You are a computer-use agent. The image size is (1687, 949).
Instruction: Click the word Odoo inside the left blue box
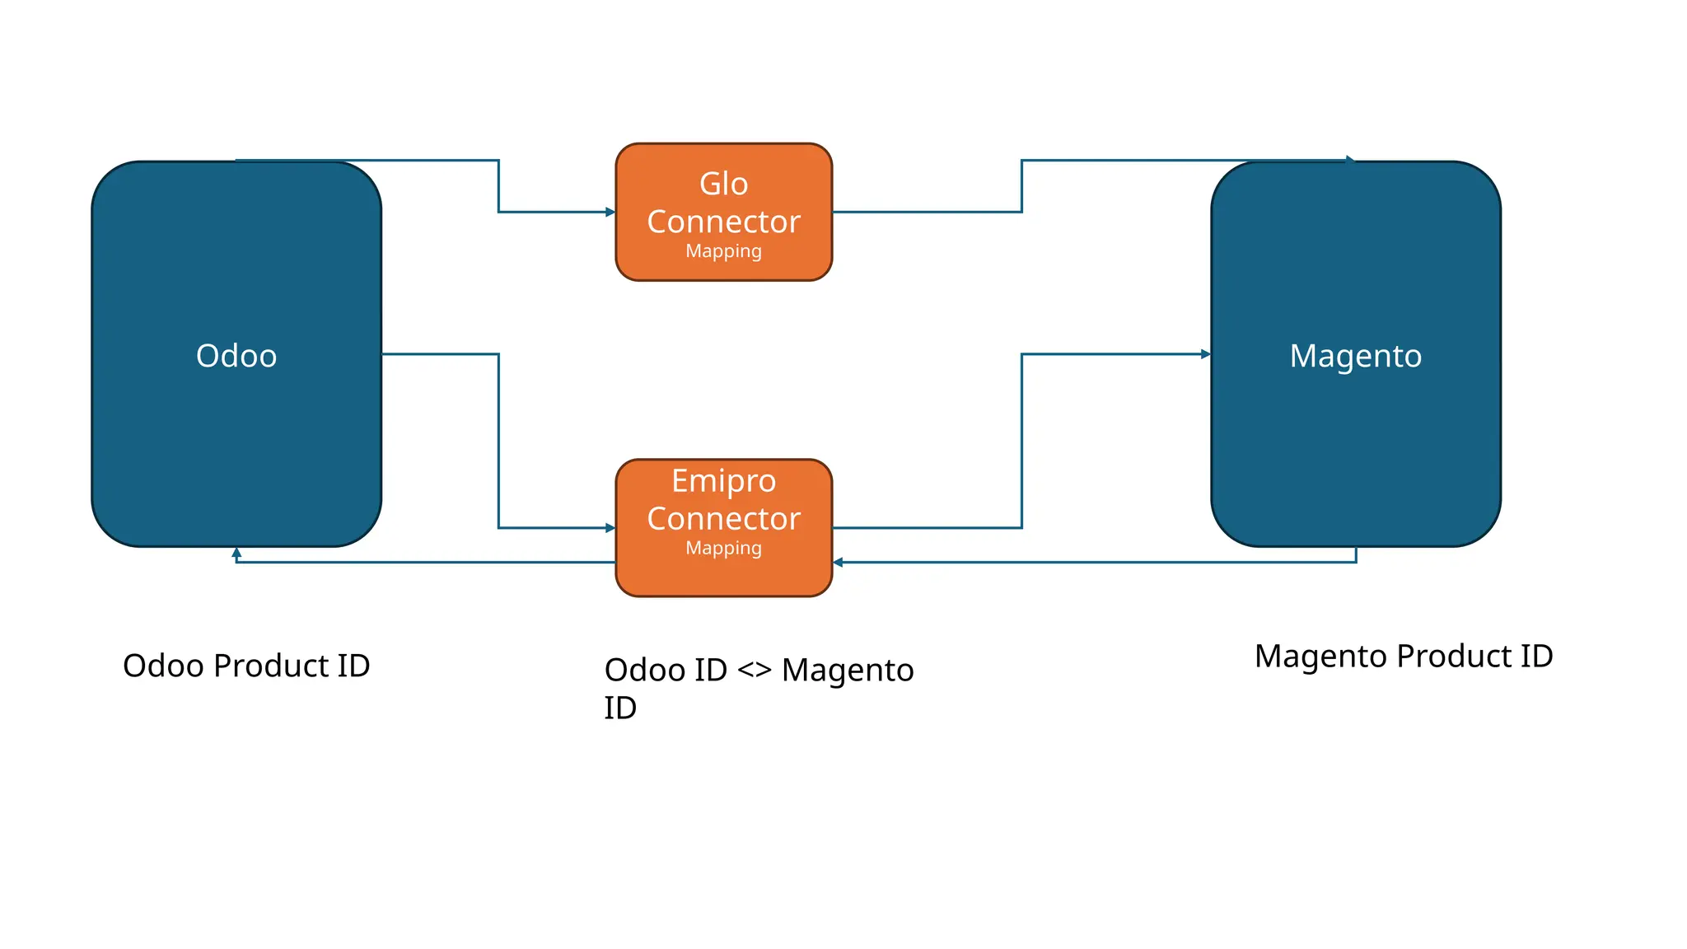(x=236, y=356)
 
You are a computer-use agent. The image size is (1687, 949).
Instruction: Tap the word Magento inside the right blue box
(x=1355, y=356)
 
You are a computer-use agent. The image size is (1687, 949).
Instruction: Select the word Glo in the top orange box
(x=723, y=184)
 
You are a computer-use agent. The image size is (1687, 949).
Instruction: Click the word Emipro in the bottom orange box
(x=723, y=480)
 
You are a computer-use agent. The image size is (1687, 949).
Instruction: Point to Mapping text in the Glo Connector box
(x=723, y=251)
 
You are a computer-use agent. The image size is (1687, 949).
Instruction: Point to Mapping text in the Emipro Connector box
(x=723, y=548)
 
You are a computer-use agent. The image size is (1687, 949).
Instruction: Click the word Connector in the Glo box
(x=723, y=222)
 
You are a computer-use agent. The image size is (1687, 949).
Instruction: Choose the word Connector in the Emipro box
(x=723, y=519)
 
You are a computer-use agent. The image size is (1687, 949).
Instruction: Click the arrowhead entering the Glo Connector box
(x=610, y=212)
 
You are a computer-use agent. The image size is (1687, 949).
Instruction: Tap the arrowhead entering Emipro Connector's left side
(x=610, y=528)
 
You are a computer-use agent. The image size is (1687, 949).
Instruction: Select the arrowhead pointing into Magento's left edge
(x=1206, y=354)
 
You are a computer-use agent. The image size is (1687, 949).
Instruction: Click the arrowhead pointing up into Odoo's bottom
(x=236, y=553)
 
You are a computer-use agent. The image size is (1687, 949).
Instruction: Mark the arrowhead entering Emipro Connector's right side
(x=838, y=563)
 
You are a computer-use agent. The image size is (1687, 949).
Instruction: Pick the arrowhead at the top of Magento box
(x=1350, y=160)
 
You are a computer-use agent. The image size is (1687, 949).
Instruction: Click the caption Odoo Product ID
(x=246, y=666)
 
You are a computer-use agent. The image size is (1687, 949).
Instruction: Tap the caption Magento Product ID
(x=1403, y=657)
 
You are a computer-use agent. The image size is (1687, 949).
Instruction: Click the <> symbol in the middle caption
(x=754, y=670)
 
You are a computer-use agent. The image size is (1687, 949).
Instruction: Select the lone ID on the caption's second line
(x=620, y=708)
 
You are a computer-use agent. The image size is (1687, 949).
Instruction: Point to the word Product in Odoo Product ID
(x=271, y=666)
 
